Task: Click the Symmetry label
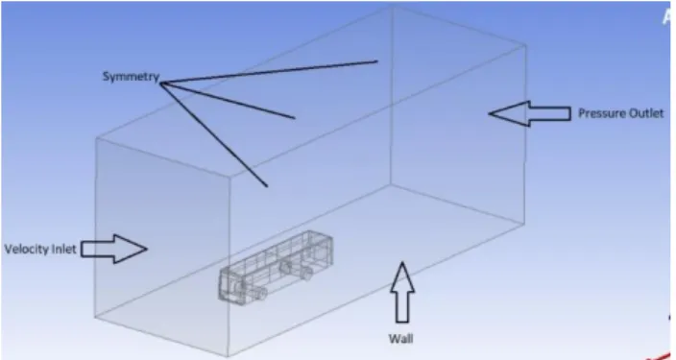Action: coord(131,77)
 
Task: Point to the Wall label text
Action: coord(401,339)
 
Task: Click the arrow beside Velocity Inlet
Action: coord(114,249)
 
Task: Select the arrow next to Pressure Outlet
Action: coord(530,113)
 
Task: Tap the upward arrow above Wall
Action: coord(402,292)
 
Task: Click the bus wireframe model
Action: coord(276,266)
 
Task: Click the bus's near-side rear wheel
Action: coord(305,273)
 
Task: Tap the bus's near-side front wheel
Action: coord(260,293)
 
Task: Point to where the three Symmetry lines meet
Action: coord(161,84)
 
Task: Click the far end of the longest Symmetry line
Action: coord(377,61)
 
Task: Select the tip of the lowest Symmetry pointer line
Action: coord(267,186)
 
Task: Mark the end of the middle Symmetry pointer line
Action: coord(295,118)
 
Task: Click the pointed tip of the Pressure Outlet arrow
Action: coord(489,114)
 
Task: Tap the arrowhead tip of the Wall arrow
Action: coord(402,262)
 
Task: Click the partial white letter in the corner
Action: coord(669,17)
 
